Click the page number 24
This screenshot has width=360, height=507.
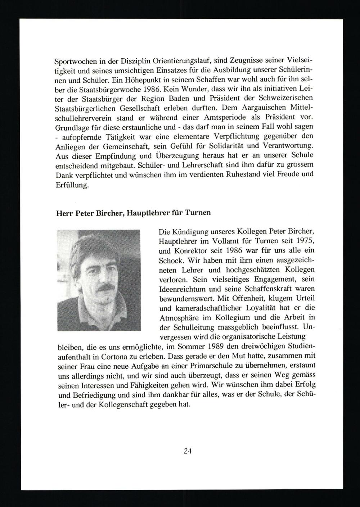[x=187, y=451]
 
